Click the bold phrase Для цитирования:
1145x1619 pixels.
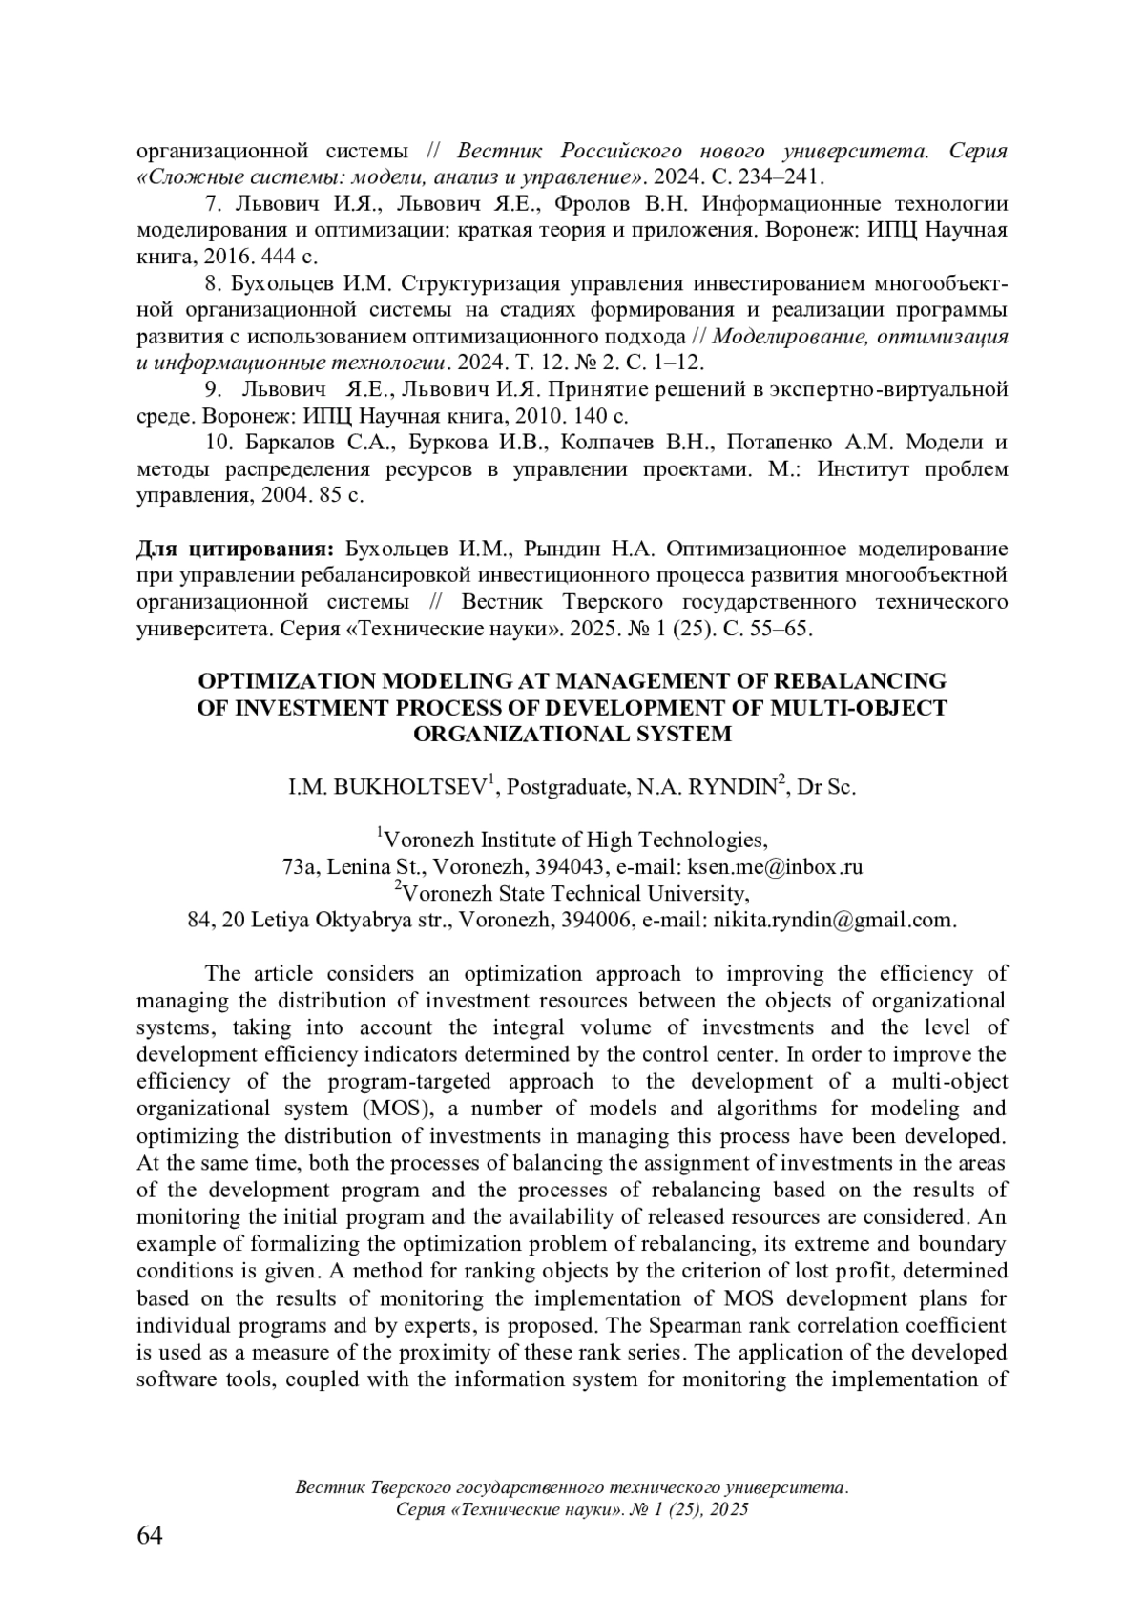pos(235,550)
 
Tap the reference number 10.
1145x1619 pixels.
pos(219,443)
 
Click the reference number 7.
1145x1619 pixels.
pos(214,204)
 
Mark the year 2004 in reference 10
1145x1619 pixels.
pos(275,496)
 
